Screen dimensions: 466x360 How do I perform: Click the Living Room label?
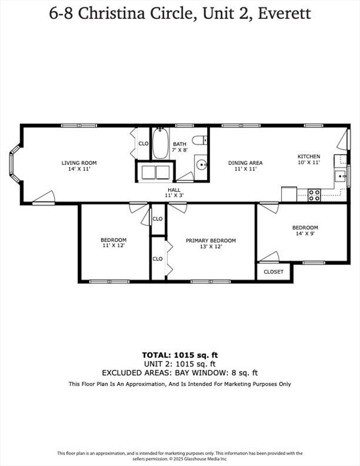click(79, 163)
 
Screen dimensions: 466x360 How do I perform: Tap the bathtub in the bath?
click(160, 144)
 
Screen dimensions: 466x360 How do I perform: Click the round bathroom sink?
click(202, 164)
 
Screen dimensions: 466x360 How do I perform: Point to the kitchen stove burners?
click(314, 195)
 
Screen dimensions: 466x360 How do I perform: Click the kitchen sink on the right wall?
click(341, 177)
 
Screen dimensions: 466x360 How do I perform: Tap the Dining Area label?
click(245, 163)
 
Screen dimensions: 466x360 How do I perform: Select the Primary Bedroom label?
click(211, 240)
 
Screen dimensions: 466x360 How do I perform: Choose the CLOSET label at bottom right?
click(273, 272)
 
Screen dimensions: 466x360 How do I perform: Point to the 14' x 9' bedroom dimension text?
click(305, 234)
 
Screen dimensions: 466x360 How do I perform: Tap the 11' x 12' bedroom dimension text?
click(114, 246)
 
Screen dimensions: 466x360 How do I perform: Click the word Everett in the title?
click(284, 13)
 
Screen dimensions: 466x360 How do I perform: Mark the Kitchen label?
click(308, 157)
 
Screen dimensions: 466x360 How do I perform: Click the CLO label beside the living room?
click(143, 144)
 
